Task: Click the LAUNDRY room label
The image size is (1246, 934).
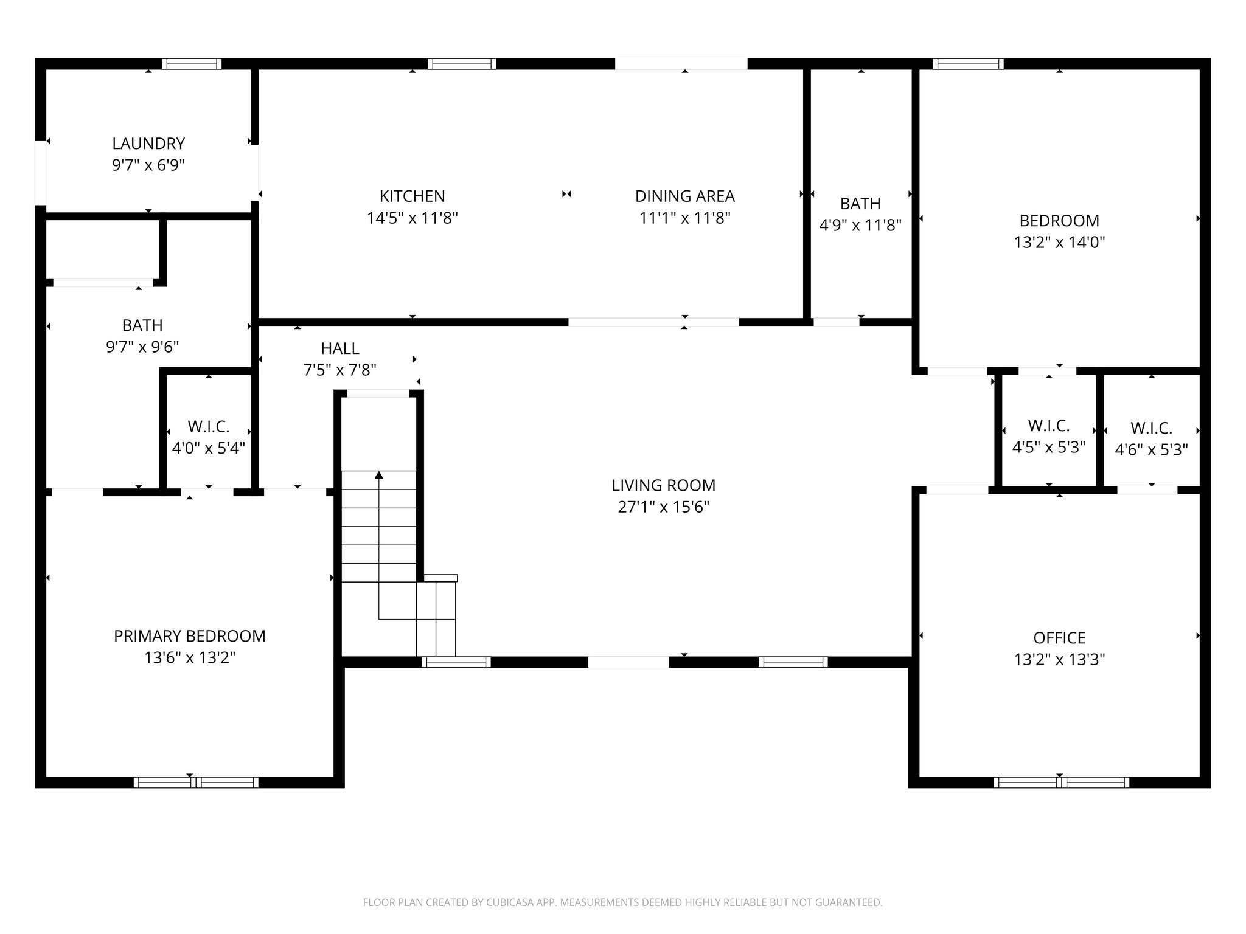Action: point(148,144)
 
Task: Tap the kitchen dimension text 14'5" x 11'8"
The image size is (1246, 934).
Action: point(412,218)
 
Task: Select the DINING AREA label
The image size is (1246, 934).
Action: point(684,196)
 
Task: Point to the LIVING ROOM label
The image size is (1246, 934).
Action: point(663,485)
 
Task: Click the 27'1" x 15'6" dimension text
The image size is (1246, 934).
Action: point(663,507)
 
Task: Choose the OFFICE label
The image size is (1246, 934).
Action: point(1059,638)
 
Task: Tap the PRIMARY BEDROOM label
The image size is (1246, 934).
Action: point(189,636)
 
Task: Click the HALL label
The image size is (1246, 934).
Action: point(339,348)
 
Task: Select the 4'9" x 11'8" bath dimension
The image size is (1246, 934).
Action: point(860,225)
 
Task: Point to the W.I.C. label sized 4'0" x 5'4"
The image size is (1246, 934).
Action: point(208,427)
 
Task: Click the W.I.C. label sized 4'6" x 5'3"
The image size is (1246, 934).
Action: point(1151,429)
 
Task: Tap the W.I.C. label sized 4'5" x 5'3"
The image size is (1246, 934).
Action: point(1048,426)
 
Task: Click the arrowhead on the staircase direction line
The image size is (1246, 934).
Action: point(379,475)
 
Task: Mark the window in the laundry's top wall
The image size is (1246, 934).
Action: point(192,64)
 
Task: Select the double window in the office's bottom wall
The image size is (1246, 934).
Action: point(1061,783)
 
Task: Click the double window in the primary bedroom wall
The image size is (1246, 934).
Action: point(196,783)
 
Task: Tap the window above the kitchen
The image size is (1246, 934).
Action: point(462,64)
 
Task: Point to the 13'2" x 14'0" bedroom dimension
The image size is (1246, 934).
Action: point(1059,243)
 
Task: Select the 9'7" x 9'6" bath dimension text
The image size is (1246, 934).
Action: point(142,347)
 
